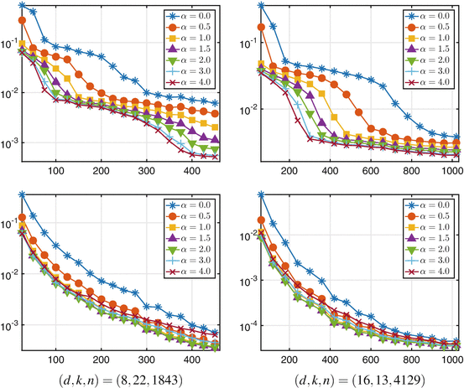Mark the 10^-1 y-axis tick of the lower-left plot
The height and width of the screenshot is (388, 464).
10,224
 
